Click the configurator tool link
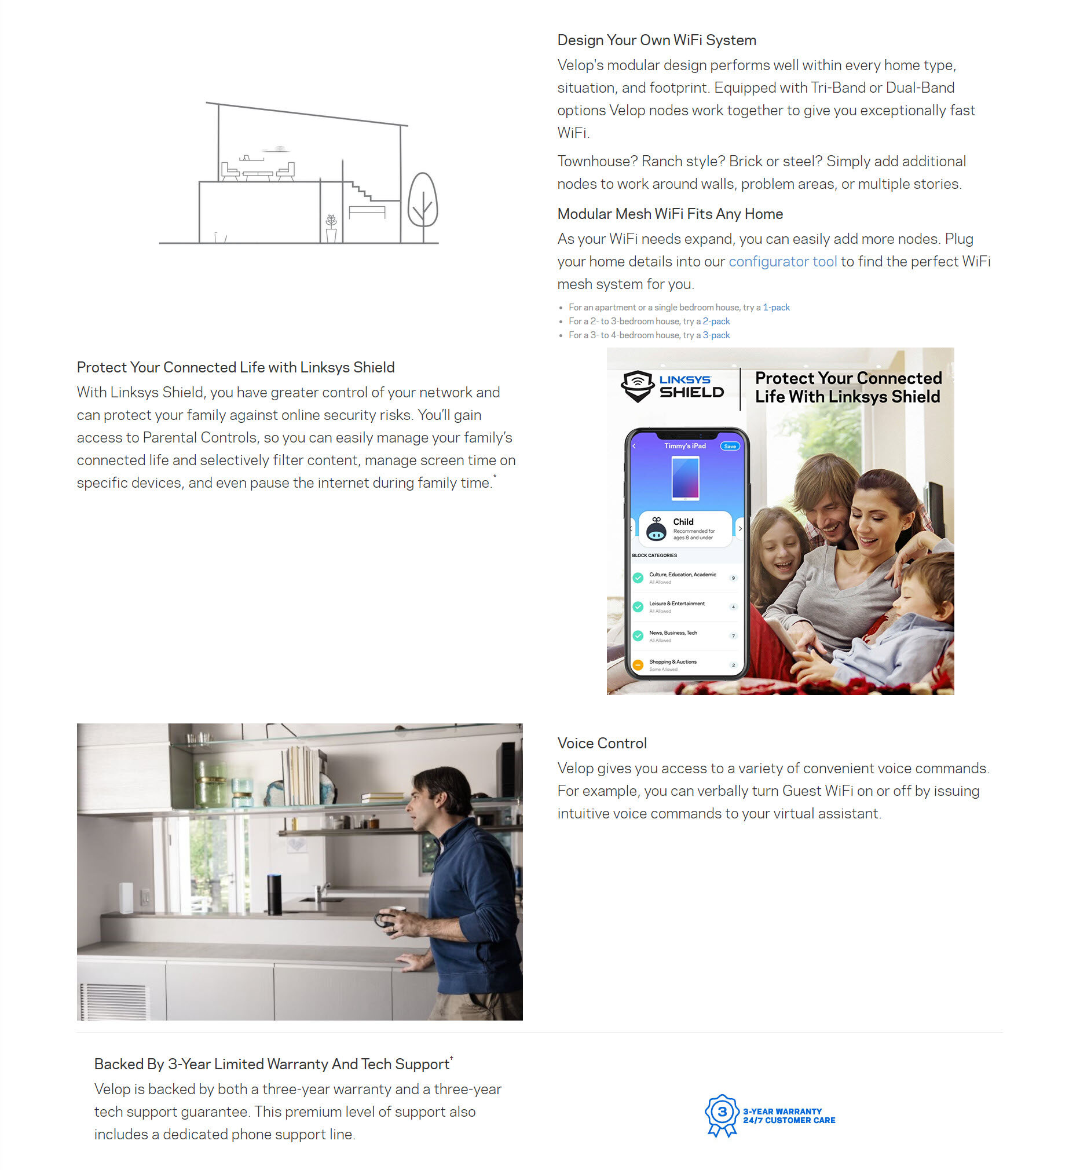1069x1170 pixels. tap(782, 262)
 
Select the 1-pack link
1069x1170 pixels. tap(776, 308)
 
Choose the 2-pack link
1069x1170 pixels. tap(716, 321)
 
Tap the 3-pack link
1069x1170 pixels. tap(716, 335)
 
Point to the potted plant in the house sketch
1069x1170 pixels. tap(331, 229)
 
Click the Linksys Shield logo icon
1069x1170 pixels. tap(637, 386)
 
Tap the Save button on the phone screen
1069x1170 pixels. tap(730, 447)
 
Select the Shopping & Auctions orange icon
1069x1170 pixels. tap(638, 665)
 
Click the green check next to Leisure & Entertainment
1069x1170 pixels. tap(638, 607)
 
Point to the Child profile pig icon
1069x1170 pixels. tap(656, 529)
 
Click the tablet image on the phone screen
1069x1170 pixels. tap(686, 478)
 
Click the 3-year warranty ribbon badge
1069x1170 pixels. tap(722, 1115)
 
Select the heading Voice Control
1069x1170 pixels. tap(602, 744)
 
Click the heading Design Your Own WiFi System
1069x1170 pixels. tap(656, 40)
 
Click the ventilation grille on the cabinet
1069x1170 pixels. tap(113, 1001)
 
